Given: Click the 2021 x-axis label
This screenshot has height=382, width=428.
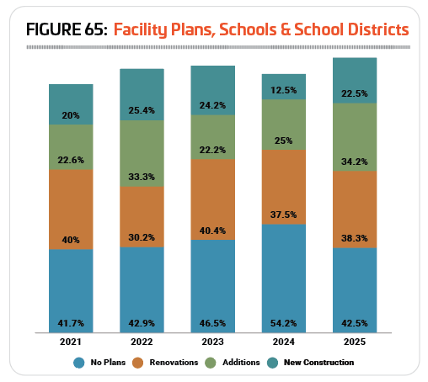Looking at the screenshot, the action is tap(71, 342).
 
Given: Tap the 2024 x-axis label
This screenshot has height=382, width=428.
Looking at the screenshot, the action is tap(284, 342).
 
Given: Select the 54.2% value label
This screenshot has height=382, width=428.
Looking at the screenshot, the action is tap(284, 323).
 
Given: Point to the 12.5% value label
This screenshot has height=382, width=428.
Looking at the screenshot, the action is tap(284, 90).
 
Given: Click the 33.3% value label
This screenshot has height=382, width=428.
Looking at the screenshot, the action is tap(142, 177).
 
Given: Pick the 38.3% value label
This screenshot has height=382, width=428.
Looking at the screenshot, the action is tap(355, 238).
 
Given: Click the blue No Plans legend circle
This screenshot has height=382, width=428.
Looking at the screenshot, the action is tap(79, 363).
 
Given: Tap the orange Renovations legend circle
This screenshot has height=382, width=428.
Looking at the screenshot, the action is tap(137, 363).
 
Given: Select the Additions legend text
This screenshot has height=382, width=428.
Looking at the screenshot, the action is tap(241, 363).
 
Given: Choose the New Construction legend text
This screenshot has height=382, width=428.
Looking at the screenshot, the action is tap(318, 363).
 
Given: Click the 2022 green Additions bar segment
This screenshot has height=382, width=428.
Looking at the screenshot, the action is tap(142, 153).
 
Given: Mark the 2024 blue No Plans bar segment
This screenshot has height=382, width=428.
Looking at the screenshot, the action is tap(284, 279).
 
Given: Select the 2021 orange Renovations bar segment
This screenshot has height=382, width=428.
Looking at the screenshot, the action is tap(71, 210).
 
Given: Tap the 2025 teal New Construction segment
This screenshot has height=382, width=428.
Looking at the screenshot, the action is tap(355, 81).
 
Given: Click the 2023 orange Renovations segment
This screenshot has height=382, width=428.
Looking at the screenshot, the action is tap(213, 199).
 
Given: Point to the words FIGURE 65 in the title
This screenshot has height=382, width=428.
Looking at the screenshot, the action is tap(67, 29).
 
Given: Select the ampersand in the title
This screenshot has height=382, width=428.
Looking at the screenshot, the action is tap(286, 29).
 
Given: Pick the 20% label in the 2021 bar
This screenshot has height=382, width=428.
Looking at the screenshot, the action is tap(71, 115).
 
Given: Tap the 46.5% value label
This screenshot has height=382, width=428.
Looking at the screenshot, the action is tap(212, 323).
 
